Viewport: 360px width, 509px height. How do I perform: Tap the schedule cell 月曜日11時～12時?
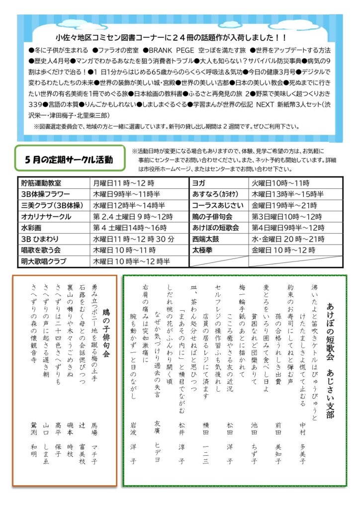click(123, 183)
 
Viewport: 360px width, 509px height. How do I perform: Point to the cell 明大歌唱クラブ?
click(44, 261)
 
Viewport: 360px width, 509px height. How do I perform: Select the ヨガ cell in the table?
click(198, 183)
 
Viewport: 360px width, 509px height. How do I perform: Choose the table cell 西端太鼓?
click(206, 239)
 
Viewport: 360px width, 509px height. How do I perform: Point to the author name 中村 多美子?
click(302, 442)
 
